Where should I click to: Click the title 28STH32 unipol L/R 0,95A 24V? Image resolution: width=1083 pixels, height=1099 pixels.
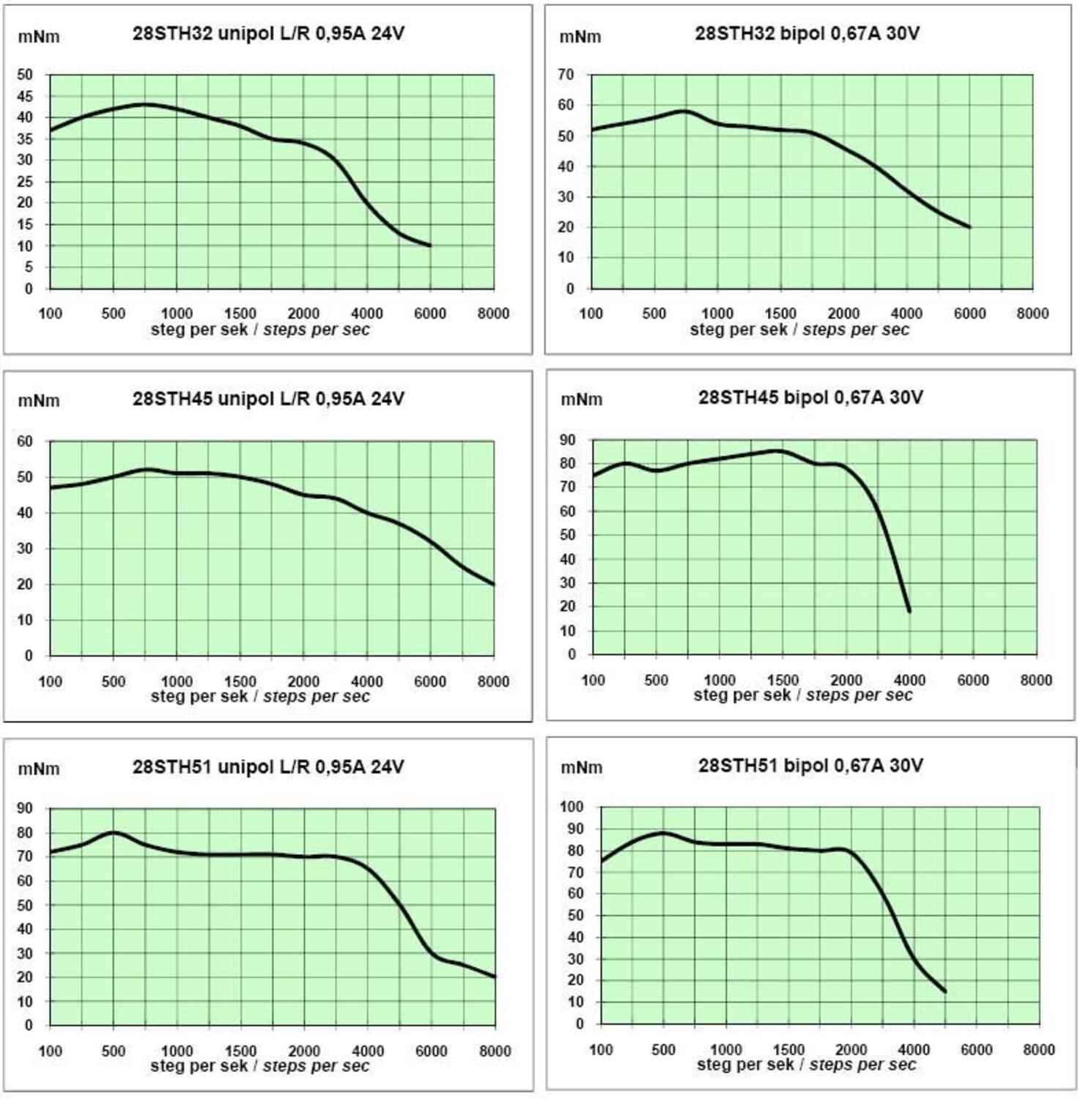coord(268,34)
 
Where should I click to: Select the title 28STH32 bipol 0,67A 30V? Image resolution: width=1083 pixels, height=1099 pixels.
coord(807,34)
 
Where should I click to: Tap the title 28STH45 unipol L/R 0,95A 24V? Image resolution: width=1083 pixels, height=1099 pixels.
coord(268,399)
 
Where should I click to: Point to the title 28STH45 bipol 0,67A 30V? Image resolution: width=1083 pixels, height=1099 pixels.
coord(810,398)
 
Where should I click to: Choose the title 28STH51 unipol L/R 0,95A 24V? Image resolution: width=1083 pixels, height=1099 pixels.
coord(268,767)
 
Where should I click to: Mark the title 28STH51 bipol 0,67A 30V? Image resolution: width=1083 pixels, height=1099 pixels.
coord(810,766)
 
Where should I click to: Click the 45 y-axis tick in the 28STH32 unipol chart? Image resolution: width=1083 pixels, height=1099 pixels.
coord(25,96)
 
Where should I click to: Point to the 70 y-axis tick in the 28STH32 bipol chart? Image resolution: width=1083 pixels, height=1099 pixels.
coord(566,75)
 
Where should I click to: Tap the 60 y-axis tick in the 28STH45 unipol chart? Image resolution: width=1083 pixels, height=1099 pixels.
coord(25,441)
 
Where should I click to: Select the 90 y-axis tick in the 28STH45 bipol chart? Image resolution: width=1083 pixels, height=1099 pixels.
coord(568,440)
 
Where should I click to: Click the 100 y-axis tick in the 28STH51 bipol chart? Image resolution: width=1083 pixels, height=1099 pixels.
coord(572,807)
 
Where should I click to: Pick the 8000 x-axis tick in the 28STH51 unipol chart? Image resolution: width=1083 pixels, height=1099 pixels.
coord(495,1051)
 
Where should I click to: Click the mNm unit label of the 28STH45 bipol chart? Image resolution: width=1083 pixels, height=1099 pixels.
coord(581,400)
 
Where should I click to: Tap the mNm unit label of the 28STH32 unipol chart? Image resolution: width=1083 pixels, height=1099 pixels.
coord(39,37)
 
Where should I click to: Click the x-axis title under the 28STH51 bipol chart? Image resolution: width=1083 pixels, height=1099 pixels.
coord(806,1065)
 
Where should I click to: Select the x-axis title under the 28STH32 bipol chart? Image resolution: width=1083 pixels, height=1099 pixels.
coord(799,330)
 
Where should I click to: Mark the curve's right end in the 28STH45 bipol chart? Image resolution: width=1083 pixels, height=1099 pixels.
coord(909,611)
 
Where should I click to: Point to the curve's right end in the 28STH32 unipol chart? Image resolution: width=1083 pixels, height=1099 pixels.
coord(430,245)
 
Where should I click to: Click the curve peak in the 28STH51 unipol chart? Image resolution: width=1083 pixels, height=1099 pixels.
coord(114,832)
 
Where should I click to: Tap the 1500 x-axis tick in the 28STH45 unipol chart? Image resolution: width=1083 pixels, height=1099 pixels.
coord(240,681)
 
